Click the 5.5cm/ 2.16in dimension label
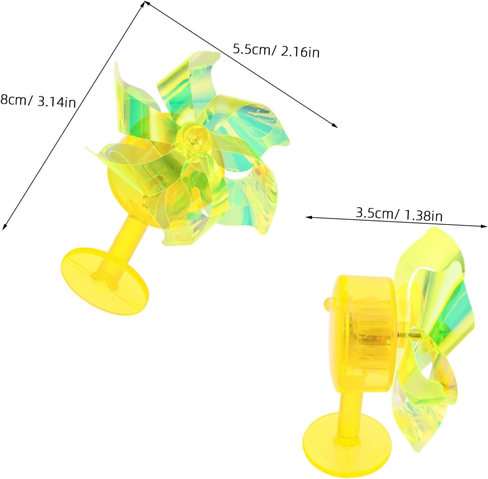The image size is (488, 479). click(x=276, y=51)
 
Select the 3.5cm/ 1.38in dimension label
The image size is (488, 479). click(x=399, y=215)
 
